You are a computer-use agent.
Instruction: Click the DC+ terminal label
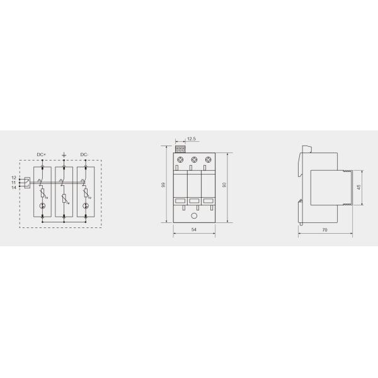(x=42, y=154)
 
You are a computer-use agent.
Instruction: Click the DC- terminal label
(x=84, y=154)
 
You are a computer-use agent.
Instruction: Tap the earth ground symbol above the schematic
(x=63, y=154)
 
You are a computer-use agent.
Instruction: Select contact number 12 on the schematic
(x=13, y=178)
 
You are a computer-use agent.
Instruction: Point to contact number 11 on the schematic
(x=13, y=183)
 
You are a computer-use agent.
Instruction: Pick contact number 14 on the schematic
(x=13, y=187)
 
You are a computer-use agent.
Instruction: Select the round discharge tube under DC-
(x=84, y=206)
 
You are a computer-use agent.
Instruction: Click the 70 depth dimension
(x=324, y=231)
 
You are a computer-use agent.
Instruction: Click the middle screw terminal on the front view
(x=193, y=161)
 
